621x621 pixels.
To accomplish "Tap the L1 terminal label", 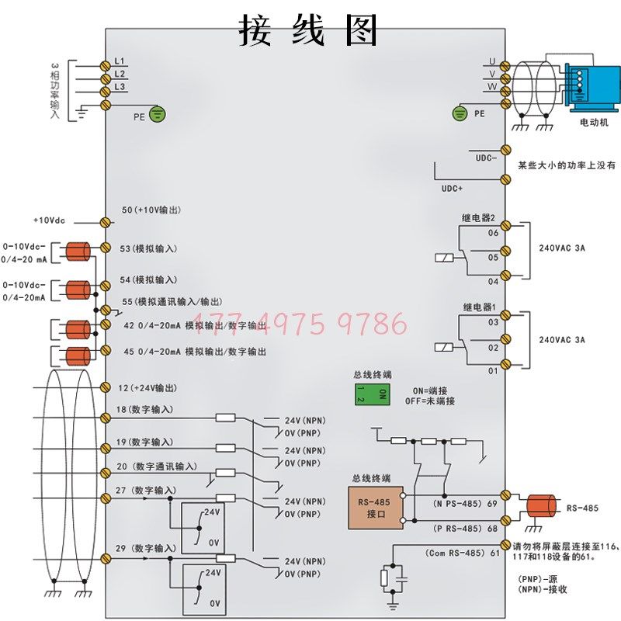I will (x=120, y=61).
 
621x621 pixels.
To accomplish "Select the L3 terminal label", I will (x=120, y=87).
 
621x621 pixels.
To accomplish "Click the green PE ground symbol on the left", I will (x=158, y=116).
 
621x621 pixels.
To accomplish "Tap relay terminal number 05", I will (x=493, y=256).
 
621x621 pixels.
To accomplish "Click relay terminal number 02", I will (x=493, y=348).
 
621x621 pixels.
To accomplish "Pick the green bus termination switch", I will (x=371, y=394).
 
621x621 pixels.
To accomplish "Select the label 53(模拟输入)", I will (x=149, y=248).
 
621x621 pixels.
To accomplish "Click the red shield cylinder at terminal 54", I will (x=76, y=290).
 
